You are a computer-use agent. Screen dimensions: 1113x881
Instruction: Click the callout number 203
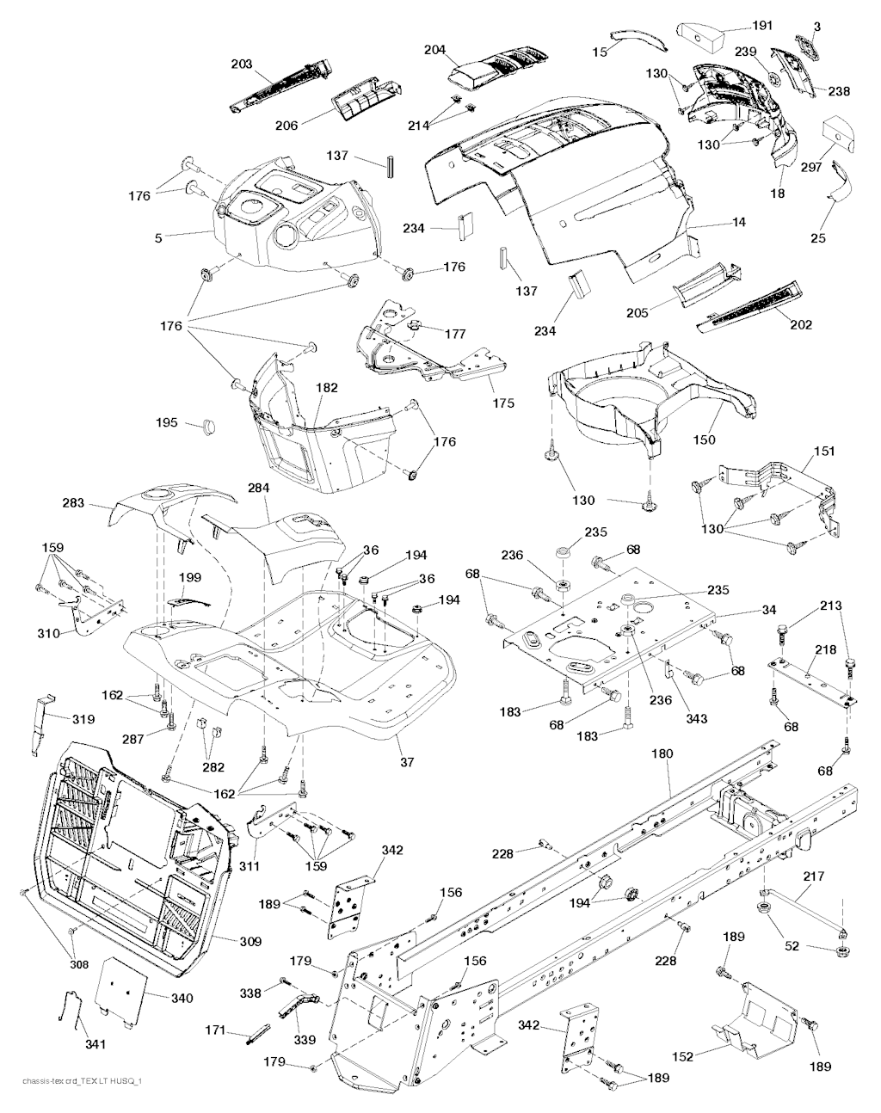pos(242,64)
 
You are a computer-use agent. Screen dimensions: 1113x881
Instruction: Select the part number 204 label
pos(435,50)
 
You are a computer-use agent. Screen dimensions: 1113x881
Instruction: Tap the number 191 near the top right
pos(762,25)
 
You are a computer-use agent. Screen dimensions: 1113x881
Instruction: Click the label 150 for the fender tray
pos(705,440)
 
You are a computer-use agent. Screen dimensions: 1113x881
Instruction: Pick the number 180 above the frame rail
pos(662,753)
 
